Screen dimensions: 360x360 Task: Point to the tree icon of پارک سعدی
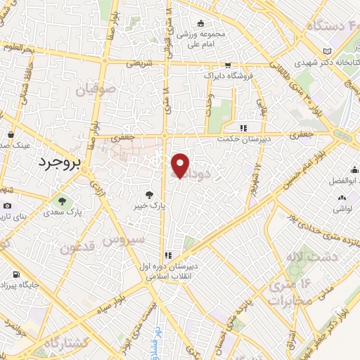[62, 201]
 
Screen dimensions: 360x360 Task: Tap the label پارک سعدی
[62, 212]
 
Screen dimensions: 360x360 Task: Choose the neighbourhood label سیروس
[122, 238]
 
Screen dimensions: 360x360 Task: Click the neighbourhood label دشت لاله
[309, 258]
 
